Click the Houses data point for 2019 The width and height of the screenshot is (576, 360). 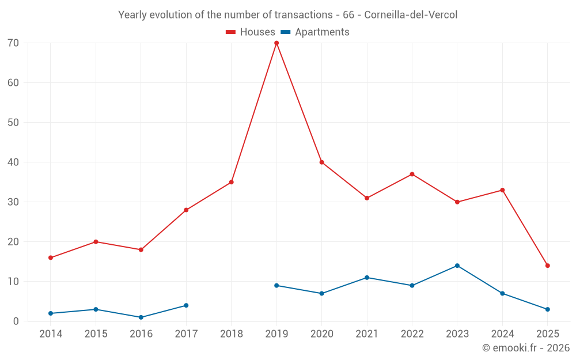pyautogui.click(x=276, y=43)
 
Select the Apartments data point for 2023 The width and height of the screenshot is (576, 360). pyautogui.click(x=457, y=266)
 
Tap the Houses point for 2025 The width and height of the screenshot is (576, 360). pyautogui.click(x=548, y=266)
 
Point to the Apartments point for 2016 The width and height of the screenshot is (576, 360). pyautogui.click(x=141, y=317)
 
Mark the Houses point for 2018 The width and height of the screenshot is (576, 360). pyautogui.click(x=232, y=182)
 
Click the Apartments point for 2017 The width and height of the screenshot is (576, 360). pyautogui.click(x=186, y=305)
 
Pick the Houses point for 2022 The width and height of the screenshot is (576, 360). pyautogui.click(x=412, y=174)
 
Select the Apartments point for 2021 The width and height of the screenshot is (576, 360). pyautogui.click(x=367, y=278)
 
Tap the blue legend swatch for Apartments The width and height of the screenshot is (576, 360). pyautogui.click(x=285, y=32)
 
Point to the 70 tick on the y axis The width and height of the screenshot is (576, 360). pyautogui.click(x=14, y=43)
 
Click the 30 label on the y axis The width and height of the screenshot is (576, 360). pyautogui.click(x=14, y=202)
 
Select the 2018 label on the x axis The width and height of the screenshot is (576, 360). pyautogui.click(x=232, y=334)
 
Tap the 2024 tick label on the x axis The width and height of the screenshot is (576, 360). pyautogui.click(x=502, y=334)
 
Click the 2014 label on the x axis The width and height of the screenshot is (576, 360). pyautogui.click(x=51, y=334)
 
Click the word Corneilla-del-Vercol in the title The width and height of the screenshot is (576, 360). pyautogui.click(x=411, y=15)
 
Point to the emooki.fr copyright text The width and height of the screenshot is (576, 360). pyautogui.click(x=526, y=348)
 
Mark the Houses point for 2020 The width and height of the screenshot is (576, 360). pyautogui.click(x=321, y=162)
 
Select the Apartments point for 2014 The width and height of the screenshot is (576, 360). pyautogui.click(x=51, y=313)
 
